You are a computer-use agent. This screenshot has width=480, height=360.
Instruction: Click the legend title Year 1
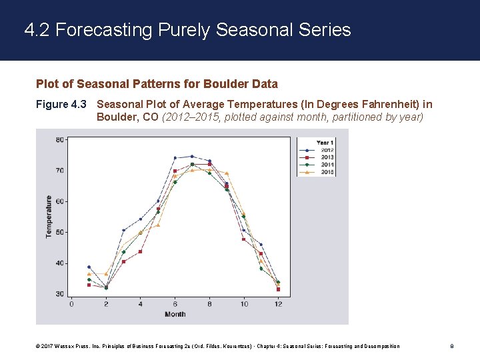point(325,143)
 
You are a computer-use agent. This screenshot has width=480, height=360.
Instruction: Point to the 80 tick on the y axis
point(60,140)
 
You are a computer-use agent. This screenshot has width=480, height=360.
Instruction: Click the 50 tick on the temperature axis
point(60,232)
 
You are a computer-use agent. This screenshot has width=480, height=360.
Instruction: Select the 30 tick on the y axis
point(60,294)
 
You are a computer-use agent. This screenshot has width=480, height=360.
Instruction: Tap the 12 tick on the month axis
point(278,305)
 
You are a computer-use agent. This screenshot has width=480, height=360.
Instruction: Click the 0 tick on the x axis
point(71,305)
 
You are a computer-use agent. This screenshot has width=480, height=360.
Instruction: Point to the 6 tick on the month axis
point(175,305)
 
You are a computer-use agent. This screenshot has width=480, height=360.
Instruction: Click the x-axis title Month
point(175,314)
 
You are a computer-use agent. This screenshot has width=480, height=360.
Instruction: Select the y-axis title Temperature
point(49,217)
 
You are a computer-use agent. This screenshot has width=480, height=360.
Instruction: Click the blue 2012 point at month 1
point(89,267)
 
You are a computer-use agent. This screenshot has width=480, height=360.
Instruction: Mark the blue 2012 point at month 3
point(123,231)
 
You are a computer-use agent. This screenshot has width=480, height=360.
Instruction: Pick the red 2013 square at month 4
point(141,251)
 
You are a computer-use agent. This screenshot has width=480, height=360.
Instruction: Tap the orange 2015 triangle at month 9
point(227,173)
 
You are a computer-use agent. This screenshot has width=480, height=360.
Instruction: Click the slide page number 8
point(452,346)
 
